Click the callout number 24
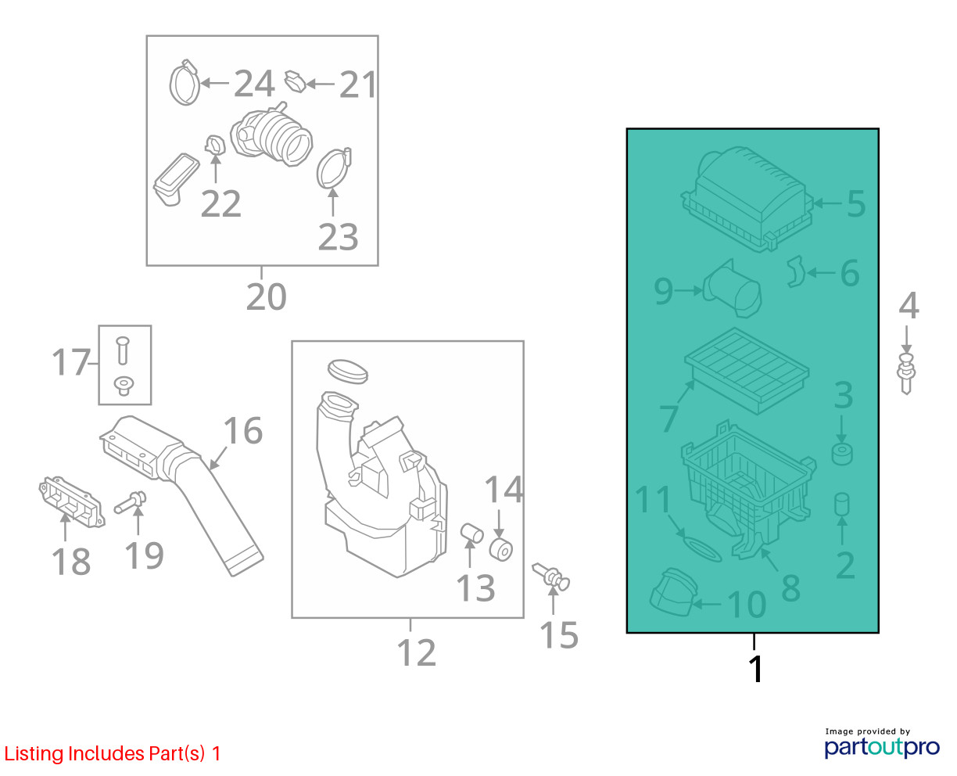pyautogui.click(x=254, y=84)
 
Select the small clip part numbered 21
pyautogui.click(x=296, y=81)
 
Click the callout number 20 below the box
pyautogui.click(x=267, y=296)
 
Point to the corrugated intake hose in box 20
pyautogui.click(x=271, y=135)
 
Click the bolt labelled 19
pyautogui.click(x=131, y=501)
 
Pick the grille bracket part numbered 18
pyautogui.click(x=72, y=501)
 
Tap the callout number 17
pyautogui.click(x=71, y=362)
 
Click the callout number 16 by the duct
pyautogui.click(x=243, y=431)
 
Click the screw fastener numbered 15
pyautogui.click(x=551, y=577)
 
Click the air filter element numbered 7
pyautogui.click(x=747, y=372)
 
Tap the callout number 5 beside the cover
pyautogui.click(x=856, y=203)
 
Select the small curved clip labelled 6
pyautogui.click(x=796, y=271)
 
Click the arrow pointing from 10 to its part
pyautogui.click(x=707, y=604)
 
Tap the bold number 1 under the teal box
pyautogui.click(x=756, y=669)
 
